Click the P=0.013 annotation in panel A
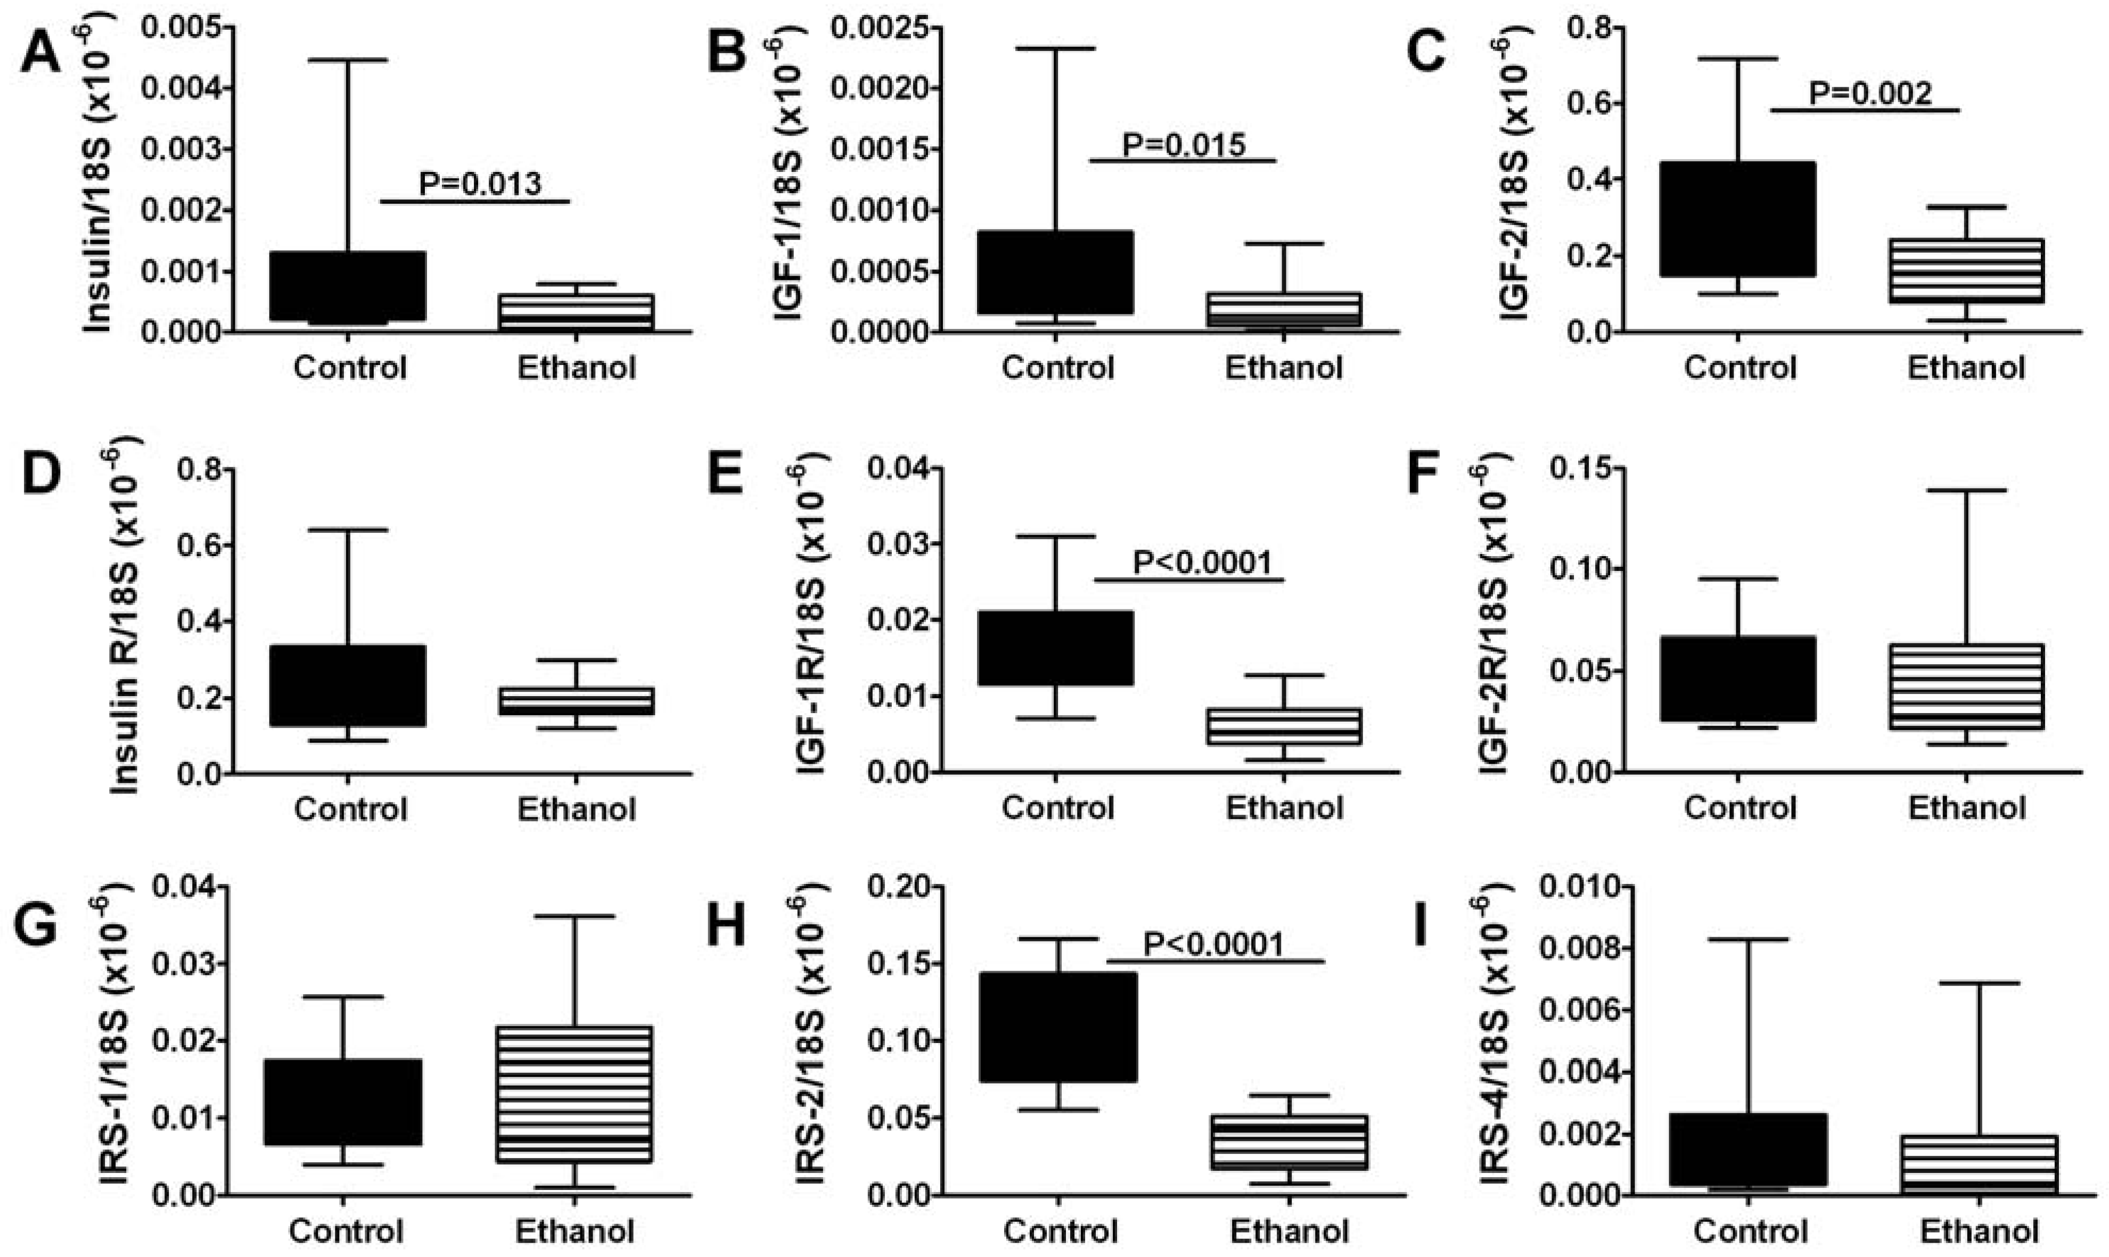480,183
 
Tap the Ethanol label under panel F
1966,807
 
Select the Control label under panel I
1751,1230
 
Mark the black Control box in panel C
1738,219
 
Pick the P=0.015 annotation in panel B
1184,145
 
